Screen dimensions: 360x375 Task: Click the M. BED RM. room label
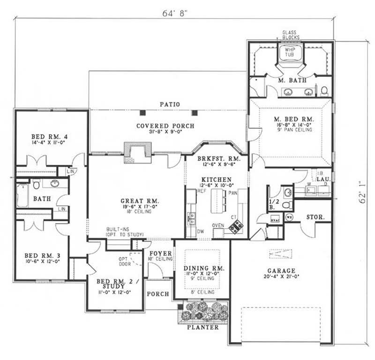[291, 120]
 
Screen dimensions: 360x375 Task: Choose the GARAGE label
[281, 270]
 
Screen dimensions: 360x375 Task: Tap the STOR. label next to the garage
[313, 217]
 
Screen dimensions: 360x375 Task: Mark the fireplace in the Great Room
[138, 151]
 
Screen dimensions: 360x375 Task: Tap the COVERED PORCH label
[165, 126]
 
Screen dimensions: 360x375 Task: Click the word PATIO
[169, 104]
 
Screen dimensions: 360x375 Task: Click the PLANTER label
[203, 328]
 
